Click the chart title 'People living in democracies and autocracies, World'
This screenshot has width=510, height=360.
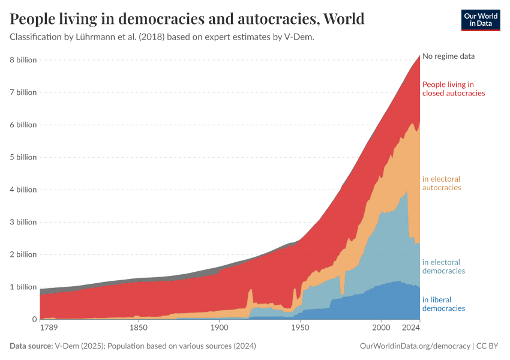coord(187,19)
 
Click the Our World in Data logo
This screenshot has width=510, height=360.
coord(480,20)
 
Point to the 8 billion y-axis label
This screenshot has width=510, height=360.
coord(23,60)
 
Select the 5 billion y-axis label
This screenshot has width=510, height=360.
coord(23,157)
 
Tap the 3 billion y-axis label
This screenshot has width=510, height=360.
coord(23,222)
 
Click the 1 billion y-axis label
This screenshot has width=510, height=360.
coord(23,287)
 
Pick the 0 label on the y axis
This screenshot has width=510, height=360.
coord(34,319)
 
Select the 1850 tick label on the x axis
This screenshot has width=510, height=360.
coord(139,329)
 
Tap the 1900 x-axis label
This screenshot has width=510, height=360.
coord(220,329)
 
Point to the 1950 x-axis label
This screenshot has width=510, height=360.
coord(300,329)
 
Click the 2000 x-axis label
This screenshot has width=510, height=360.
coord(381,329)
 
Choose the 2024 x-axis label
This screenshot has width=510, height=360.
coord(411,329)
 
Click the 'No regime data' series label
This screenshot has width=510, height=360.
coord(448,56)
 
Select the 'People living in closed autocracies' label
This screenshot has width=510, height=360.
coord(453,89)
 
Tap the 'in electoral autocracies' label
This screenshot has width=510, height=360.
coord(441,183)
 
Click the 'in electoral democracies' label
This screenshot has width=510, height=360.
coord(443,266)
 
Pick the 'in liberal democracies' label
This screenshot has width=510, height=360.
coord(443,304)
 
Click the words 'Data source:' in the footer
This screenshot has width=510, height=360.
coord(31,346)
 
